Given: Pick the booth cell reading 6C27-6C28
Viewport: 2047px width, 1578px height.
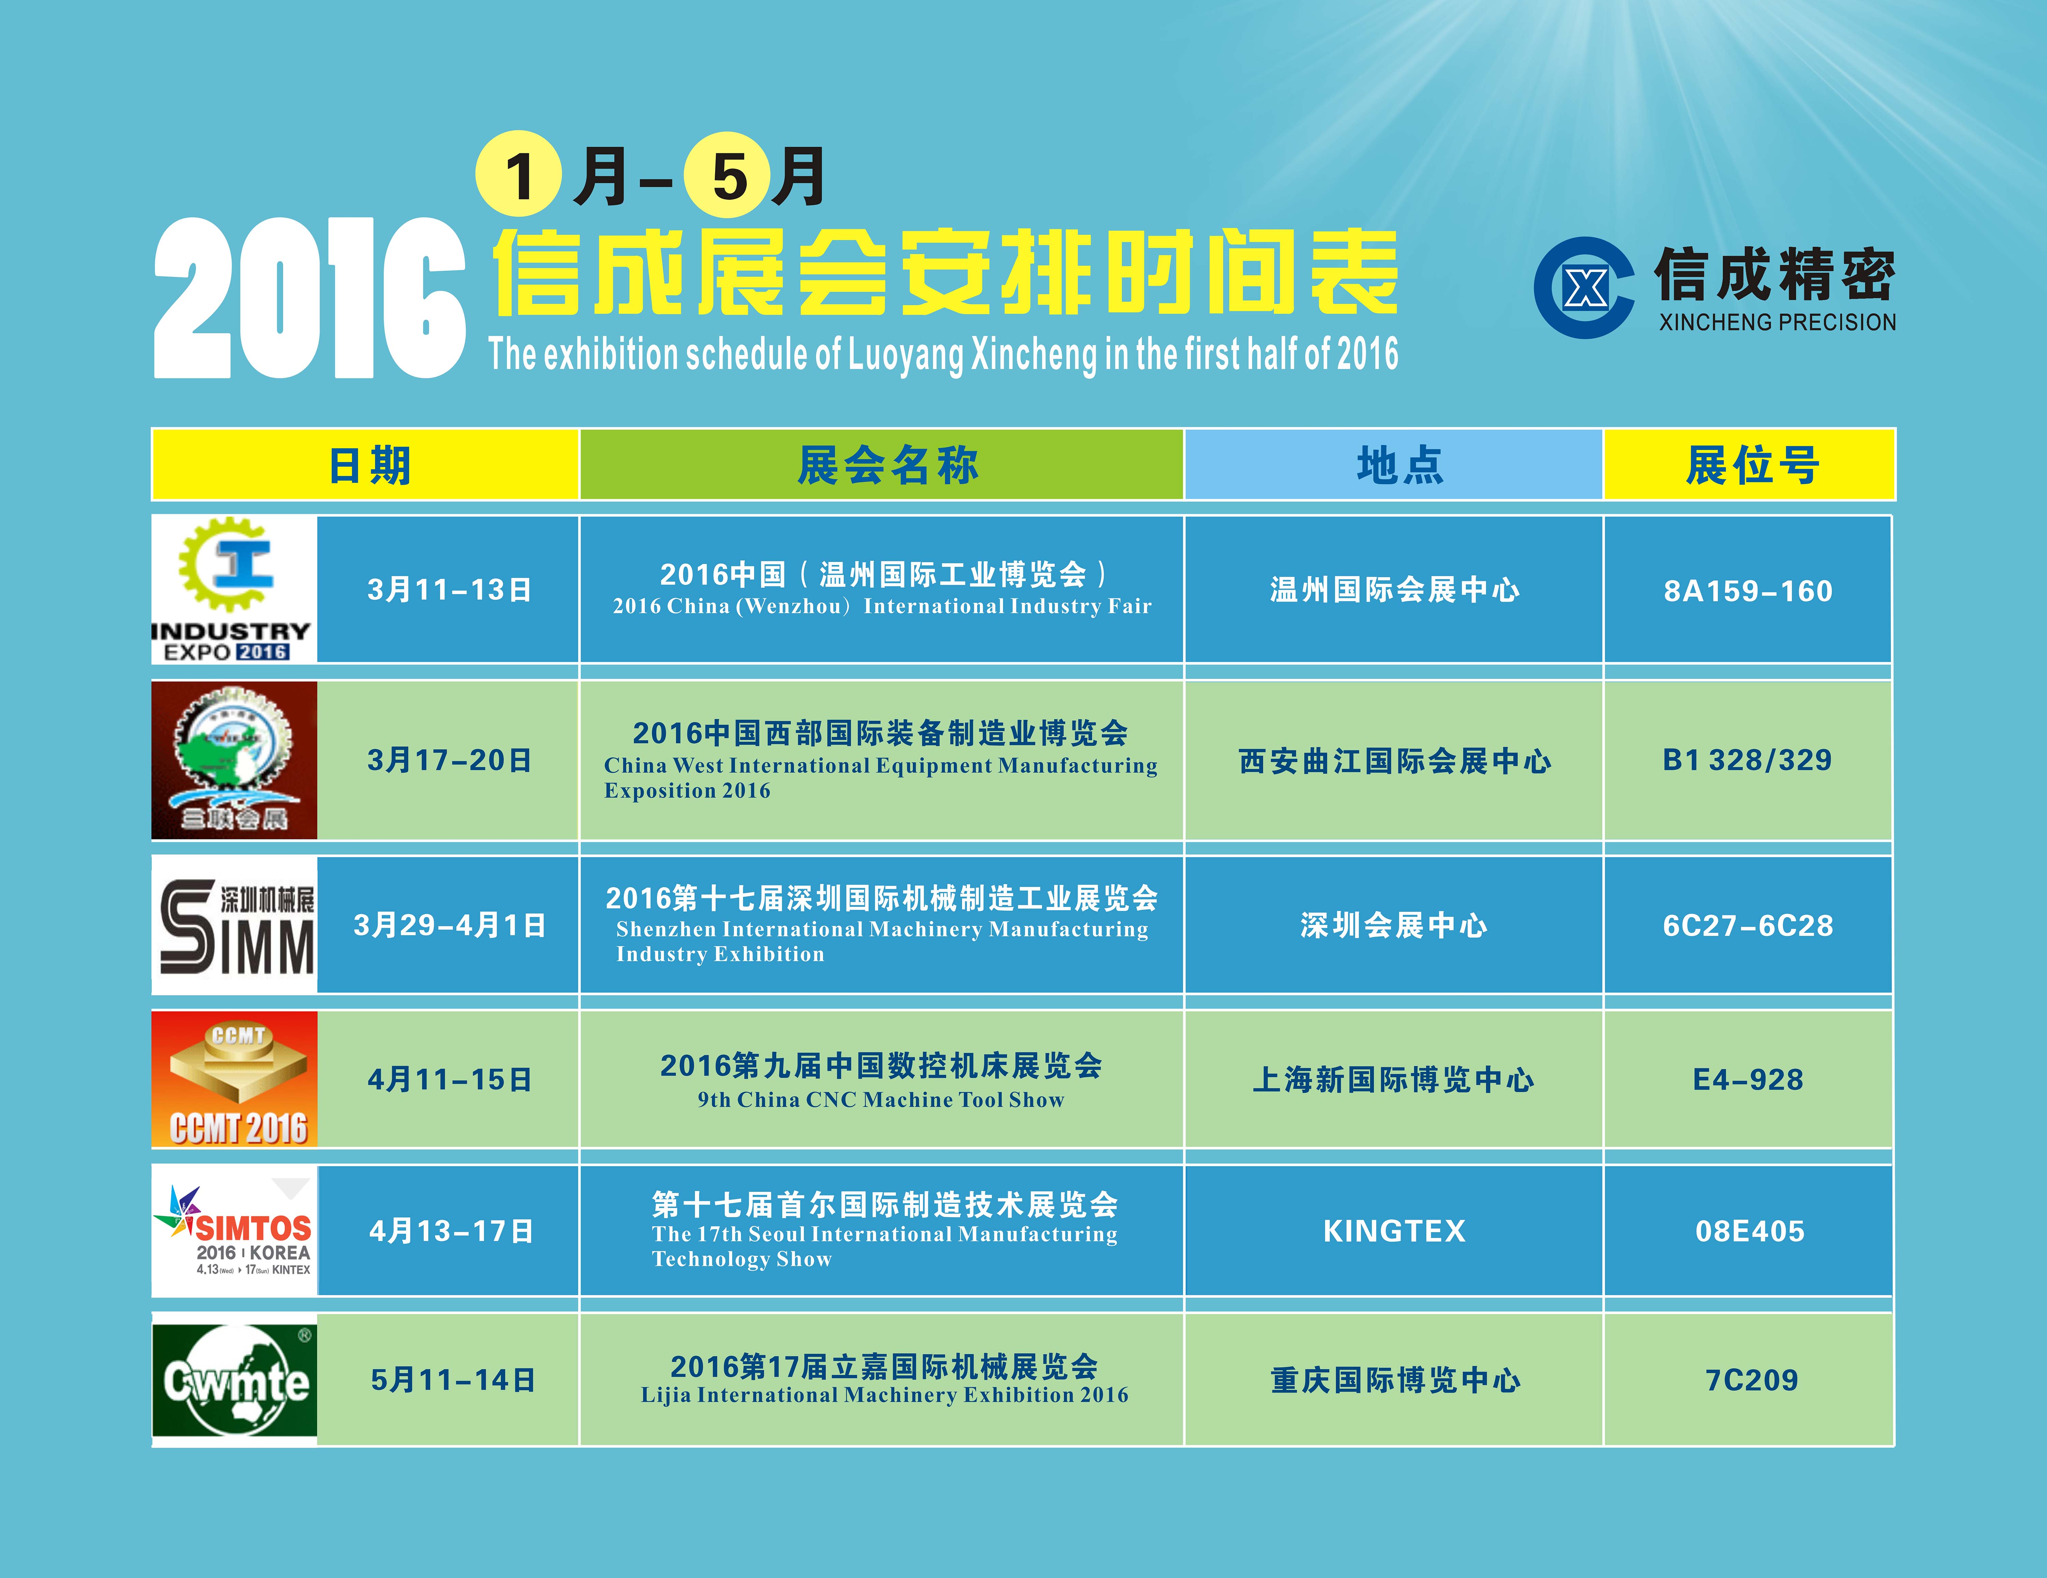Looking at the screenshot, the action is pos(1748,926).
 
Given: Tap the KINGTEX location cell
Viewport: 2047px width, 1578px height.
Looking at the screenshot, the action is pos(1394,1230).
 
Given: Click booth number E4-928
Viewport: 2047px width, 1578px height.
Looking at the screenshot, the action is pos(1748,1080).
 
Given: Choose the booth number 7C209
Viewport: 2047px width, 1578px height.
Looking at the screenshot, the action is pos(1751,1380).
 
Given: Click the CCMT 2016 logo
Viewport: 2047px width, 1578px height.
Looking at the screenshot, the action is pos(234,1078).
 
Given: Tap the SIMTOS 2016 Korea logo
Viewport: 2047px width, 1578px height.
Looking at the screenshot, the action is pos(234,1230).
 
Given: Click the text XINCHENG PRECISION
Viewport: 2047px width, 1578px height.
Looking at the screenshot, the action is pos(1777,322).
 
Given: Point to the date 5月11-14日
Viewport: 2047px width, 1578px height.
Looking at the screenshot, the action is pos(453,1380).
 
